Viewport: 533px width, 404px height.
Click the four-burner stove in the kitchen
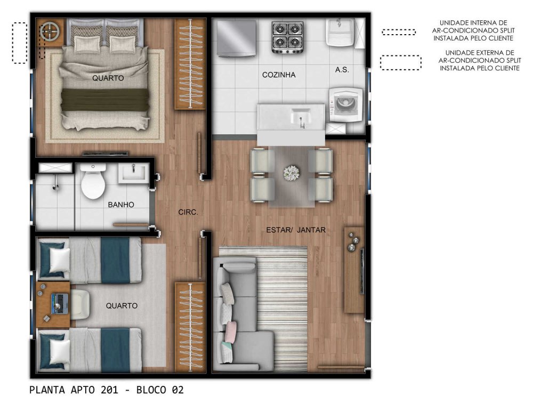point(287,37)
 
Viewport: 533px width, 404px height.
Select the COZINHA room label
point(279,75)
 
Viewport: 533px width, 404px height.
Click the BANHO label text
point(121,205)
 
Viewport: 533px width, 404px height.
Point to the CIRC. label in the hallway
point(188,212)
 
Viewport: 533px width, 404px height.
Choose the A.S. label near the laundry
point(342,70)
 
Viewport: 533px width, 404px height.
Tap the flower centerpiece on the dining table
point(292,173)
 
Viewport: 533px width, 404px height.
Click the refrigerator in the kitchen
point(237,38)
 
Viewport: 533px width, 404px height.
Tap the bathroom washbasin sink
point(134,173)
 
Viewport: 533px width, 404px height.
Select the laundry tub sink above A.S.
point(340,33)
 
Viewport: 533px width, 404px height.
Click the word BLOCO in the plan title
point(151,390)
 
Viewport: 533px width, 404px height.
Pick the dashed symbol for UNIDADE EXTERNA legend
point(400,63)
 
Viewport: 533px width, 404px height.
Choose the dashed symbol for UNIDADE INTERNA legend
point(399,32)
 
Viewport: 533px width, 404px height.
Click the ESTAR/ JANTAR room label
point(296,230)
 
